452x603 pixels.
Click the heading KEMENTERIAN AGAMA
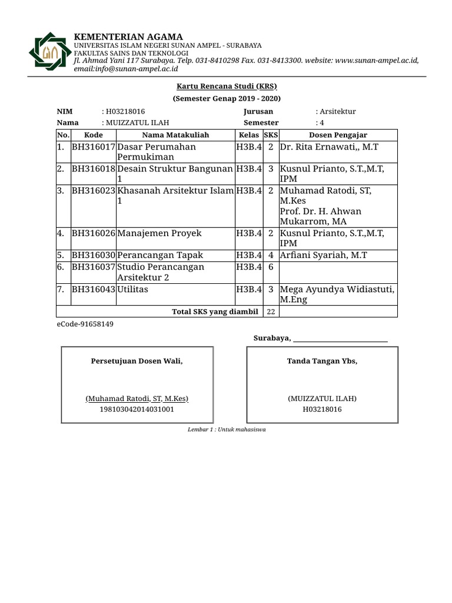[128, 37]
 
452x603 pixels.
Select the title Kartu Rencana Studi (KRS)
[227, 86]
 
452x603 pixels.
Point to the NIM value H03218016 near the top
[125, 111]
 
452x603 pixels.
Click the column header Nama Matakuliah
[175, 135]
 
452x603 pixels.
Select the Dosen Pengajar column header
[338, 135]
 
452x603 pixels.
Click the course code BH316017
[94, 147]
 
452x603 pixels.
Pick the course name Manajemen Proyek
[159, 233]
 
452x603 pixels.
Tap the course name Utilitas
[133, 290]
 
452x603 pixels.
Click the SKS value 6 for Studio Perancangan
[270, 267]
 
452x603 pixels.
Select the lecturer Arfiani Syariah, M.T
[323, 256]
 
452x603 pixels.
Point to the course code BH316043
[94, 290]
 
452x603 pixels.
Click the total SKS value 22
[271, 312]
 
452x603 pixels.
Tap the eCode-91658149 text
[85, 324]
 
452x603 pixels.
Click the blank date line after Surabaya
[340, 339]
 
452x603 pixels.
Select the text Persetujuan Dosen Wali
[137, 361]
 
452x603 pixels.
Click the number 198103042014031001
[137, 409]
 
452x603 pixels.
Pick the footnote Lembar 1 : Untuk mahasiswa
[227, 429]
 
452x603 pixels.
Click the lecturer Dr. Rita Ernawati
[329, 147]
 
